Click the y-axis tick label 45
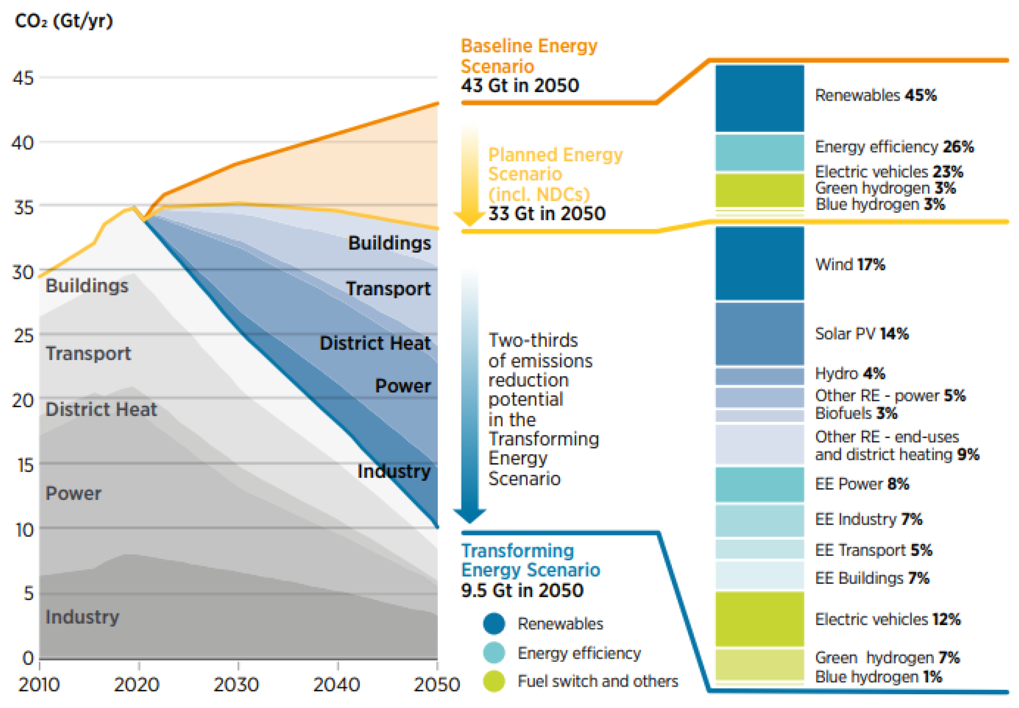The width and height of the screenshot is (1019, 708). pos(23,78)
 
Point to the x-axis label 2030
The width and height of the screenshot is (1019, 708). pos(236,684)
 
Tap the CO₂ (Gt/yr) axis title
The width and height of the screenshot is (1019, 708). pos(64,21)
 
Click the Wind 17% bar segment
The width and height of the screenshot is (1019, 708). pos(759,263)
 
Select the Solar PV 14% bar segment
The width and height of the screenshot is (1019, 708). pos(759,334)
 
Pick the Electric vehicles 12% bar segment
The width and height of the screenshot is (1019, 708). pos(759,619)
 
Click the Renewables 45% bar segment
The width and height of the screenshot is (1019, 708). pos(759,98)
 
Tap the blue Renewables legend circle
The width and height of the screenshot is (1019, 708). pos(494,623)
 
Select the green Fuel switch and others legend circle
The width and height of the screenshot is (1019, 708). pos(494,681)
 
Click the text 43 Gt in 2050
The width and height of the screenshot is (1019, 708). pos(520,85)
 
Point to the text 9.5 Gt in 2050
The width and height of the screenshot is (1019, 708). pos(522,591)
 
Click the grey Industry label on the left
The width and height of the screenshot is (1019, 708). pos(82,617)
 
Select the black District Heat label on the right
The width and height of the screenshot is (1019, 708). pos(375,343)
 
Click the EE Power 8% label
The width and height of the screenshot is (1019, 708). pos(861,483)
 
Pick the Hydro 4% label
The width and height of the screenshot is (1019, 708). pos(850,374)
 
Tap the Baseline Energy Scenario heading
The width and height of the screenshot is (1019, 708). pos(529,56)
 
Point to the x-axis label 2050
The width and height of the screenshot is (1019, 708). pos(437,684)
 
